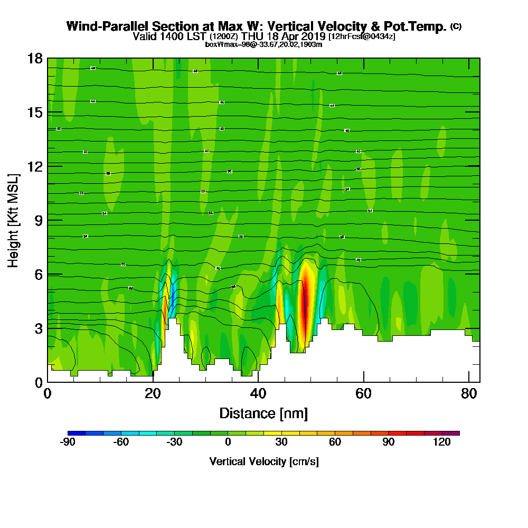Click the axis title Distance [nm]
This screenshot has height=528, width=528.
pos(263,413)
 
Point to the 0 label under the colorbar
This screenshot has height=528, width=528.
pos(228,442)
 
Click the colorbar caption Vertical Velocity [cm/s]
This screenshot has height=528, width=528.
pos(264,461)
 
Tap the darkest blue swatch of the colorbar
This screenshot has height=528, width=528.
pos(77,433)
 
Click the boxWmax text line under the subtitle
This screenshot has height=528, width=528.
pos(263,44)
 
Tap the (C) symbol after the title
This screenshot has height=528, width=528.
pos(456,26)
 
